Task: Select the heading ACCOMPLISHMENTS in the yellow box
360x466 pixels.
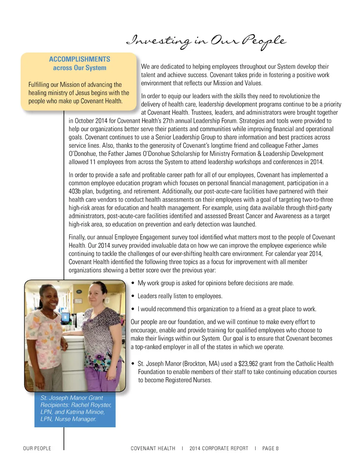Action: [79, 59]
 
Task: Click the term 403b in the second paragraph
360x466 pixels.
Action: [75, 191]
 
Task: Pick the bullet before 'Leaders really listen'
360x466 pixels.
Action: [133, 296]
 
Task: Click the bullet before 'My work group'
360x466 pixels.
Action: [133, 283]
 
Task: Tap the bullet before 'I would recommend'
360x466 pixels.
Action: [133, 309]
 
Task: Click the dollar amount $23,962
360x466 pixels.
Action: [248, 364]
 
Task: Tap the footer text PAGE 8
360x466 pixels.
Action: [270, 448]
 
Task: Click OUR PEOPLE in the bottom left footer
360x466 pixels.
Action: [37, 448]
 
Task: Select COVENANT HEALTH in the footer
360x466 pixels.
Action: [153, 448]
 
